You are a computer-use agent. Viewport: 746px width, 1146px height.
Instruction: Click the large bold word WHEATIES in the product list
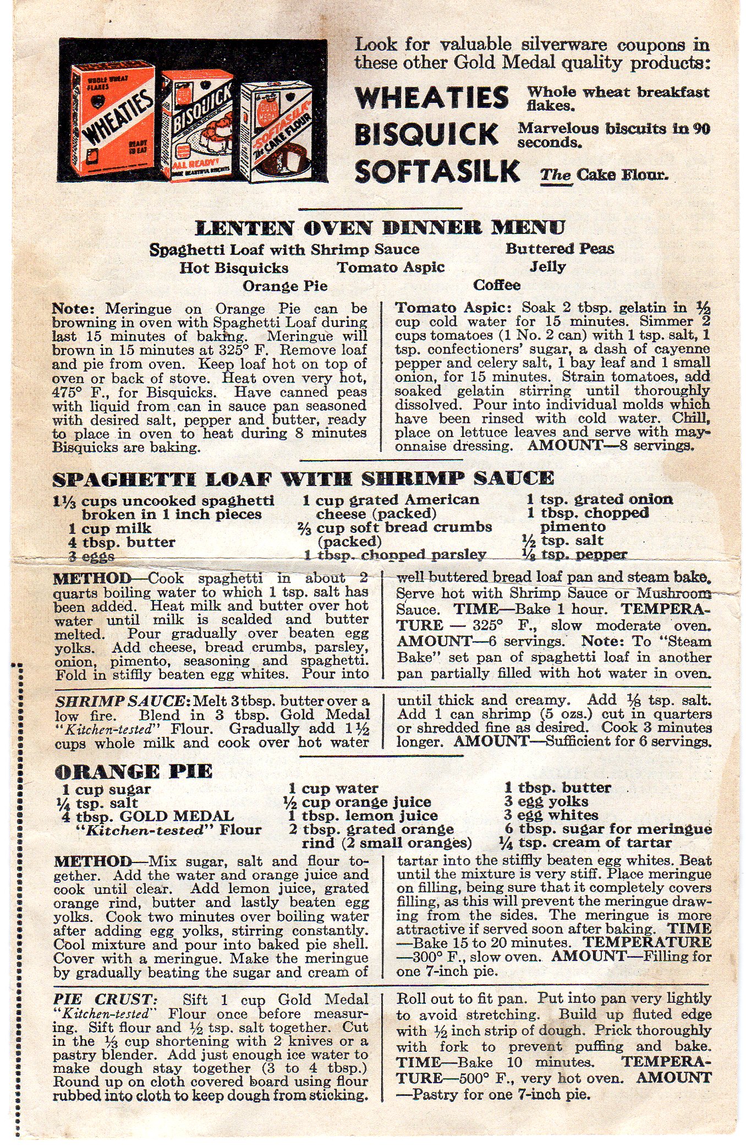[432, 98]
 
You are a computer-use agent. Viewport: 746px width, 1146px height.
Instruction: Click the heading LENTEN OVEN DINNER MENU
[380, 228]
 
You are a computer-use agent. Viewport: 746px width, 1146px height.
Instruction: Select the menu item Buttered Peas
[559, 249]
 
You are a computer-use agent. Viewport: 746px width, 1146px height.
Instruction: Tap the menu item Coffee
[497, 285]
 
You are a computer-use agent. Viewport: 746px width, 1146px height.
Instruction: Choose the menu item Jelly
[547, 267]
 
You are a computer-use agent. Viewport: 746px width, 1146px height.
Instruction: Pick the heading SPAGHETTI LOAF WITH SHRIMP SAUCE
[303, 479]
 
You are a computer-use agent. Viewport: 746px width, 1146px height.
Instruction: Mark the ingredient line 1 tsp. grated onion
[600, 499]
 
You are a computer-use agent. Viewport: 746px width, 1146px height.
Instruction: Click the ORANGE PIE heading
[133, 771]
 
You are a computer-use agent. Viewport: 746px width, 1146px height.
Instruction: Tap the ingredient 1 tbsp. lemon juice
[363, 816]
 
